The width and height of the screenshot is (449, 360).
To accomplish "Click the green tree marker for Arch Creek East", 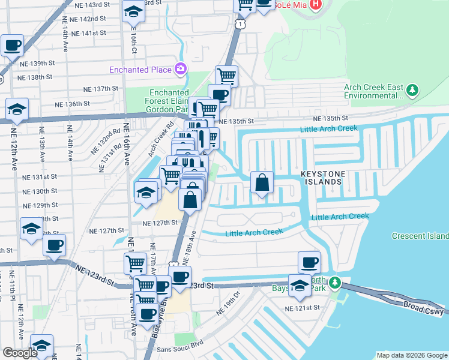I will [x=412, y=91].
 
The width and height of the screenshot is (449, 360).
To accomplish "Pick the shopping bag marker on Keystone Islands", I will [x=262, y=182].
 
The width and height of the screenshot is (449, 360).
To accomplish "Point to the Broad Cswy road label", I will [x=423, y=308].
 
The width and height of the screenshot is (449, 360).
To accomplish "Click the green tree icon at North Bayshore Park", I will [x=336, y=282].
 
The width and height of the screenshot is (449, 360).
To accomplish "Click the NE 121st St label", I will [x=303, y=308].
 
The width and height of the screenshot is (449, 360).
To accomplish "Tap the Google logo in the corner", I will [x=20, y=353].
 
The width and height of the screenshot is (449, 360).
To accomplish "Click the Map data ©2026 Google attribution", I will [x=412, y=355].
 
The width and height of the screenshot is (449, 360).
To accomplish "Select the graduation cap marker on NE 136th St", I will [x=17, y=109].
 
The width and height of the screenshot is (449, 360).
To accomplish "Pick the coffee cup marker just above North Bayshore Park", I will [x=309, y=262].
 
